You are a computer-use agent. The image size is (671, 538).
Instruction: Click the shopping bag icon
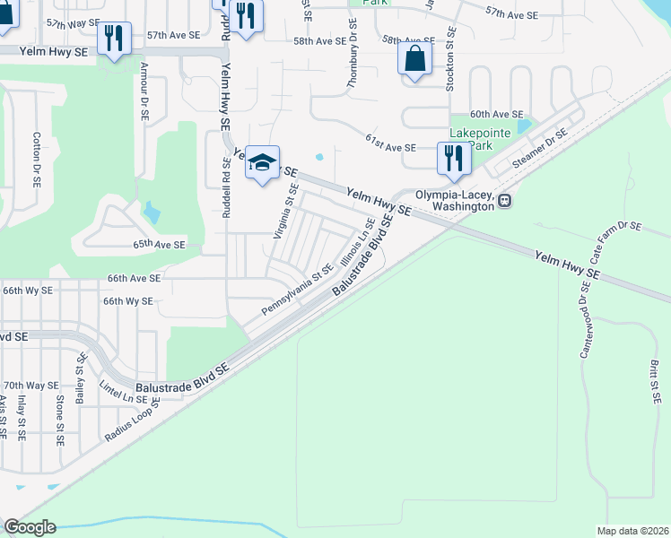coord(414,60)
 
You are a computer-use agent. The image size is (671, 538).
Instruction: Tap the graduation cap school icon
coord(262,163)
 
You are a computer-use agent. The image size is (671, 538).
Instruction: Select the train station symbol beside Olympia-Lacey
coord(505,201)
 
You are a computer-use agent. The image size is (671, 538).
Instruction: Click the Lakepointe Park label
coord(480,139)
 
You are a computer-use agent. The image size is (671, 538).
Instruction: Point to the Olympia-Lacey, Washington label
coord(455,200)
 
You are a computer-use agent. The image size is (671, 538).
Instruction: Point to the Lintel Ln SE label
coord(123,392)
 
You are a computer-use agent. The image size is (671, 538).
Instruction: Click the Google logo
coord(29,527)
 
